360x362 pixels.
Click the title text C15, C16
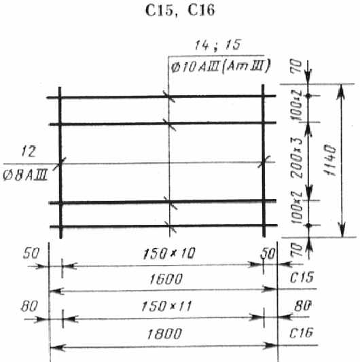[180, 10]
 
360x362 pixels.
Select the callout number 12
[29, 151]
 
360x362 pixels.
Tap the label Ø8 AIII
[25, 175]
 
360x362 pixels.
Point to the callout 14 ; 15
[217, 45]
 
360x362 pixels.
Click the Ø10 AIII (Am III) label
[220, 67]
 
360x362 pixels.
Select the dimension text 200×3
[297, 158]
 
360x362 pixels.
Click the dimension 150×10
[169, 253]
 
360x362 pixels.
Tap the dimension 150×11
[166, 306]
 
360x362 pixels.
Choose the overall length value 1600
[166, 279]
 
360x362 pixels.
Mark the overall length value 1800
[164, 334]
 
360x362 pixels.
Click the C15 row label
[302, 277]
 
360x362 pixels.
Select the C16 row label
[301, 333]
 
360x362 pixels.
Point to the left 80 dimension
[29, 306]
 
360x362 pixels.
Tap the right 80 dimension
[303, 306]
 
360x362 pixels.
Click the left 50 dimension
[31, 253]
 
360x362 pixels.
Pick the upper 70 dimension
[298, 67]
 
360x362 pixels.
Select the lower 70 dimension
[298, 250]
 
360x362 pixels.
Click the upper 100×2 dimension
[297, 105]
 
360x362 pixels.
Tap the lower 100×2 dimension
[297, 208]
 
